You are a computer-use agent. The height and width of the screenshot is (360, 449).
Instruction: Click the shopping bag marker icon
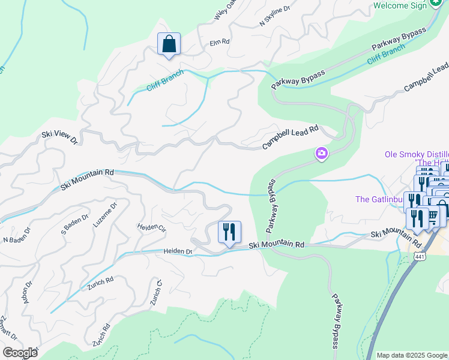point(169,44)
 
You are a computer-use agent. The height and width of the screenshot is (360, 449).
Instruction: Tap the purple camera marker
point(322,154)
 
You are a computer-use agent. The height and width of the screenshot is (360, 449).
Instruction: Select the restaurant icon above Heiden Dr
point(229,232)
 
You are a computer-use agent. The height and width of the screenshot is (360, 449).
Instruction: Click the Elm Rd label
point(220,42)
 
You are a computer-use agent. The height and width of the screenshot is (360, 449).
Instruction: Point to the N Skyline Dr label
point(275,16)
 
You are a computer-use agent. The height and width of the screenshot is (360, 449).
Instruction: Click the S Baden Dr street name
point(76,221)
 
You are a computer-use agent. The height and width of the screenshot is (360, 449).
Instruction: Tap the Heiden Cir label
point(151,227)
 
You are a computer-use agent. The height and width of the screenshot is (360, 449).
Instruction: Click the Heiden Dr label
point(177,251)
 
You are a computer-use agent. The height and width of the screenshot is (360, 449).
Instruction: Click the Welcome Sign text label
point(399,5)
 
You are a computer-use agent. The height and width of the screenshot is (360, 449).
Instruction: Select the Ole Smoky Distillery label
point(416,154)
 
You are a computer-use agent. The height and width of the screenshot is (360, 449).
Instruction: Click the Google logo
point(20,353)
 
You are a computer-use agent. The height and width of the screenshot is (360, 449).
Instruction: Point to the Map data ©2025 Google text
point(412,355)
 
